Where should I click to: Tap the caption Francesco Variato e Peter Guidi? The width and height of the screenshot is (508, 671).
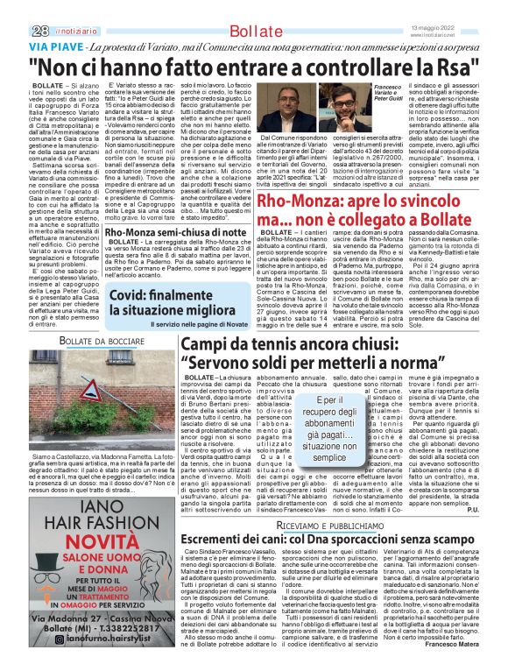pyautogui.click(x=386, y=92)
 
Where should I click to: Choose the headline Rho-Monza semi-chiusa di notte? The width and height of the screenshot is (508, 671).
pyautogui.click(x=170, y=233)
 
